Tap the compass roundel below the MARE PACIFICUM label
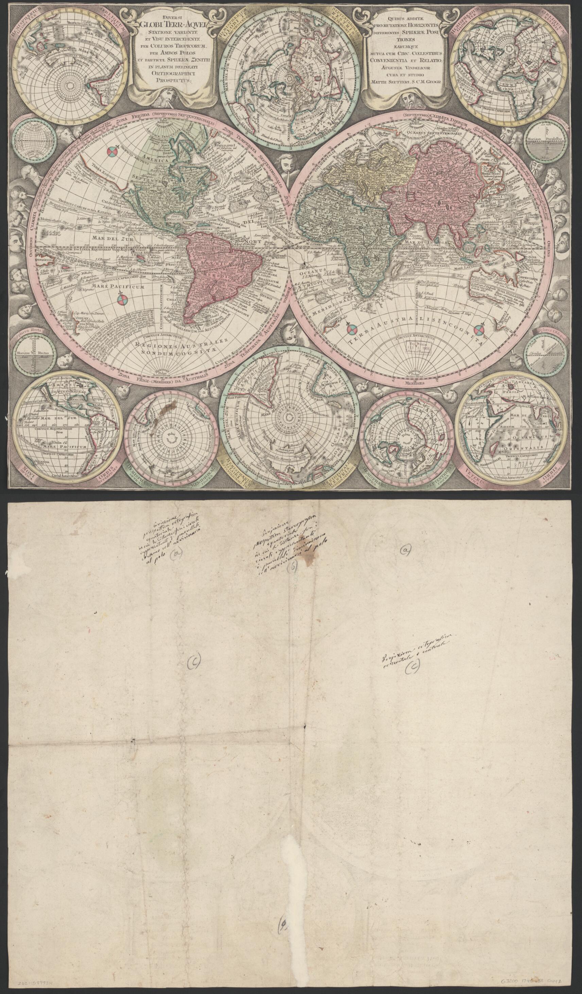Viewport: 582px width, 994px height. [x=122, y=301]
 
